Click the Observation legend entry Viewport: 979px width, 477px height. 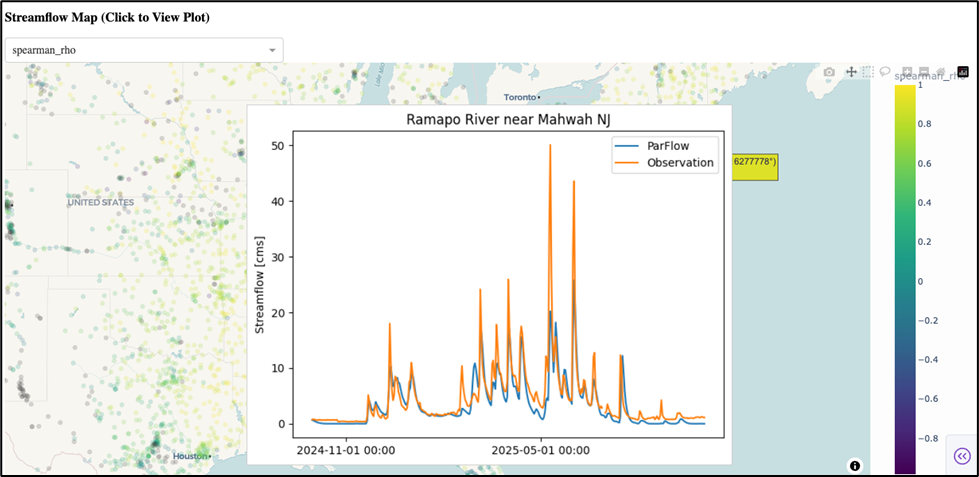(x=680, y=162)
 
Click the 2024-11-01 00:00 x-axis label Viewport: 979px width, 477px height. (x=345, y=449)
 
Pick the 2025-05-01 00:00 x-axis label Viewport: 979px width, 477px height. (x=541, y=449)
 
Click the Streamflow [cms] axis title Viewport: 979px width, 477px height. (x=260, y=284)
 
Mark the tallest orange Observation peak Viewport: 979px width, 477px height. (x=550, y=146)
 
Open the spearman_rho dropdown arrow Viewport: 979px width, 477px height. (x=272, y=50)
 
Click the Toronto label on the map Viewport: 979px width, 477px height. (x=520, y=98)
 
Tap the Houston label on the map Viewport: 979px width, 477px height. (x=189, y=456)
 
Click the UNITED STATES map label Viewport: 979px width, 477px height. (x=100, y=203)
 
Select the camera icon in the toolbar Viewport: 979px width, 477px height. (x=829, y=72)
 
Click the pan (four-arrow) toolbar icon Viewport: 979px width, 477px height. (x=851, y=72)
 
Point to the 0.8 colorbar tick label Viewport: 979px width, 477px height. (x=926, y=124)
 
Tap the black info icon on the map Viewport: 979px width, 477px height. (x=855, y=465)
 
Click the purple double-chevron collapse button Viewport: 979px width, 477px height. (x=961, y=456)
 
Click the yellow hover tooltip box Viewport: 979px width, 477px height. (x=755, y=166)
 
